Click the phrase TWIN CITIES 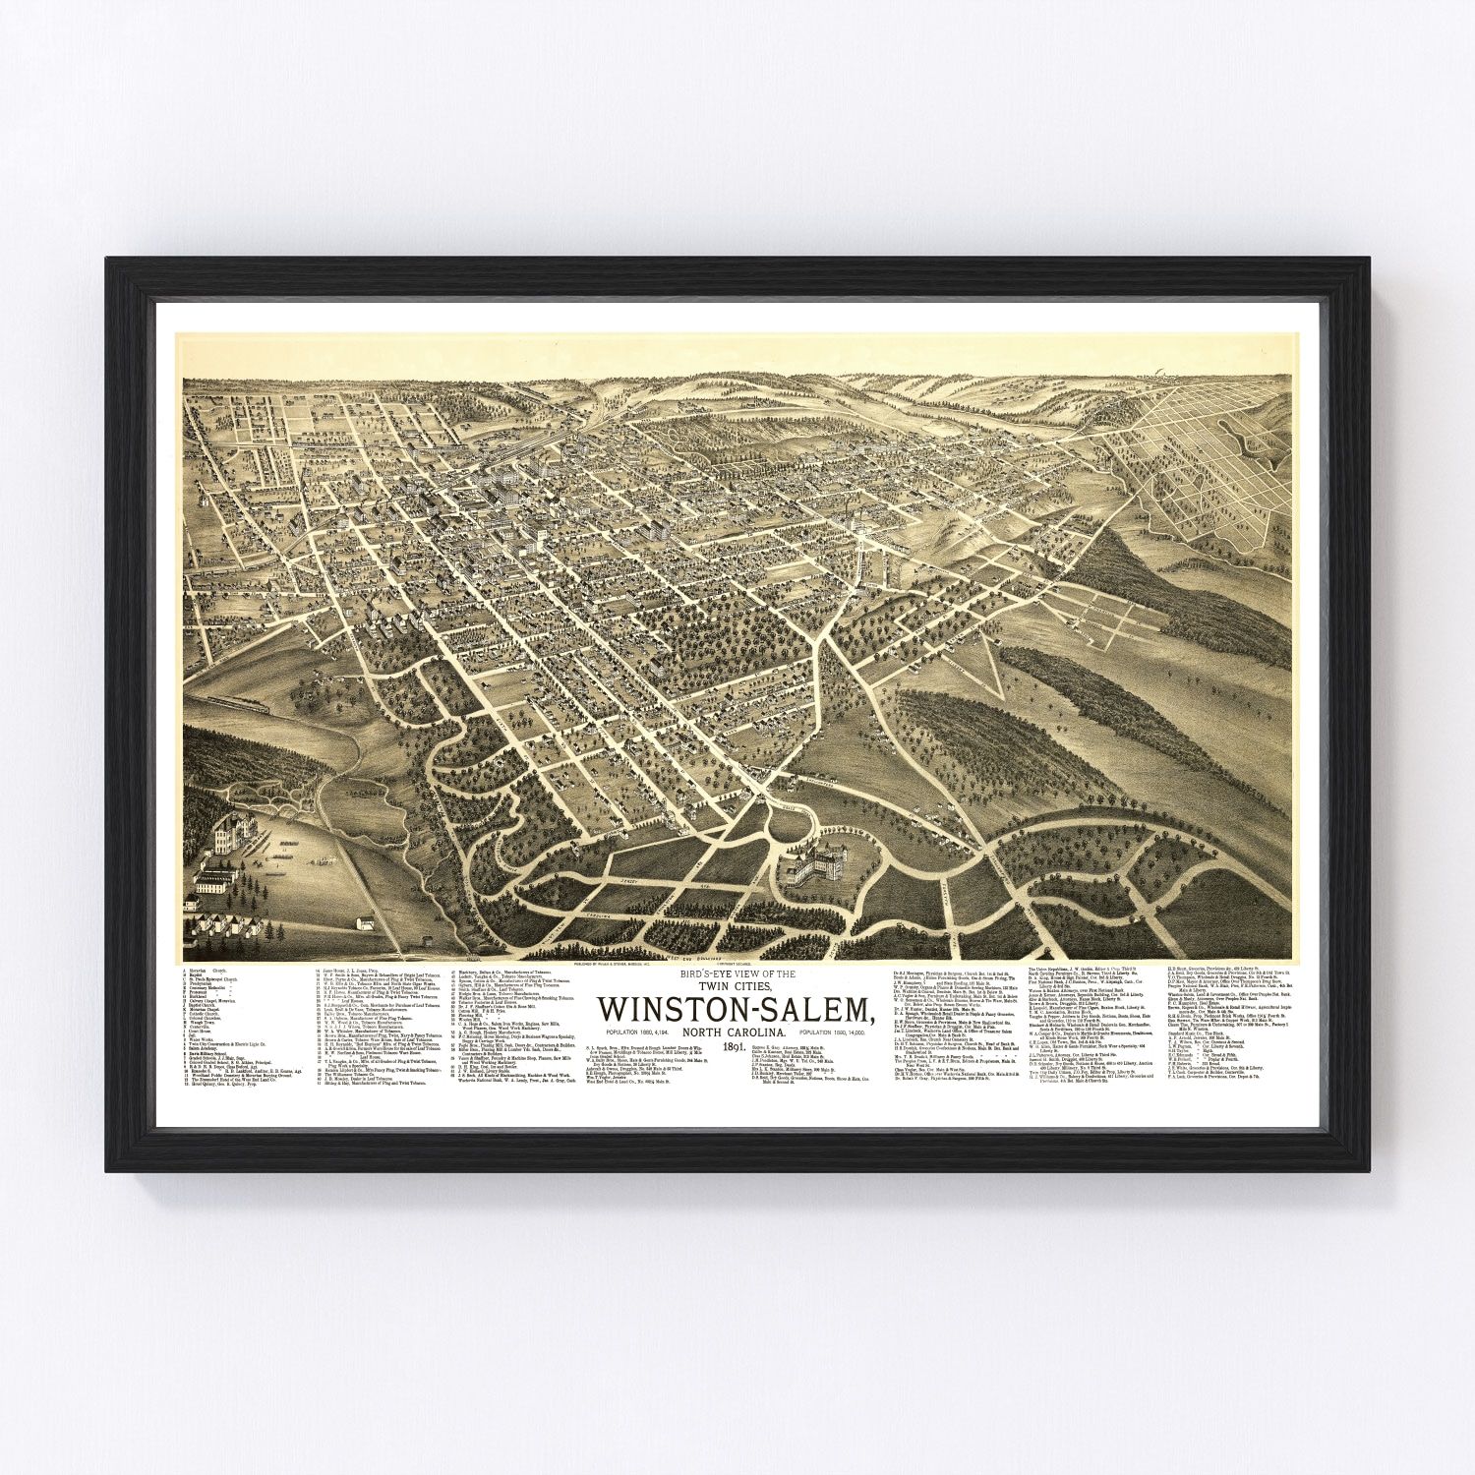736,986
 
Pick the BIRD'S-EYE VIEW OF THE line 736,973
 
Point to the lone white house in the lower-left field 366,923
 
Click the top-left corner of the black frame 108,260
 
